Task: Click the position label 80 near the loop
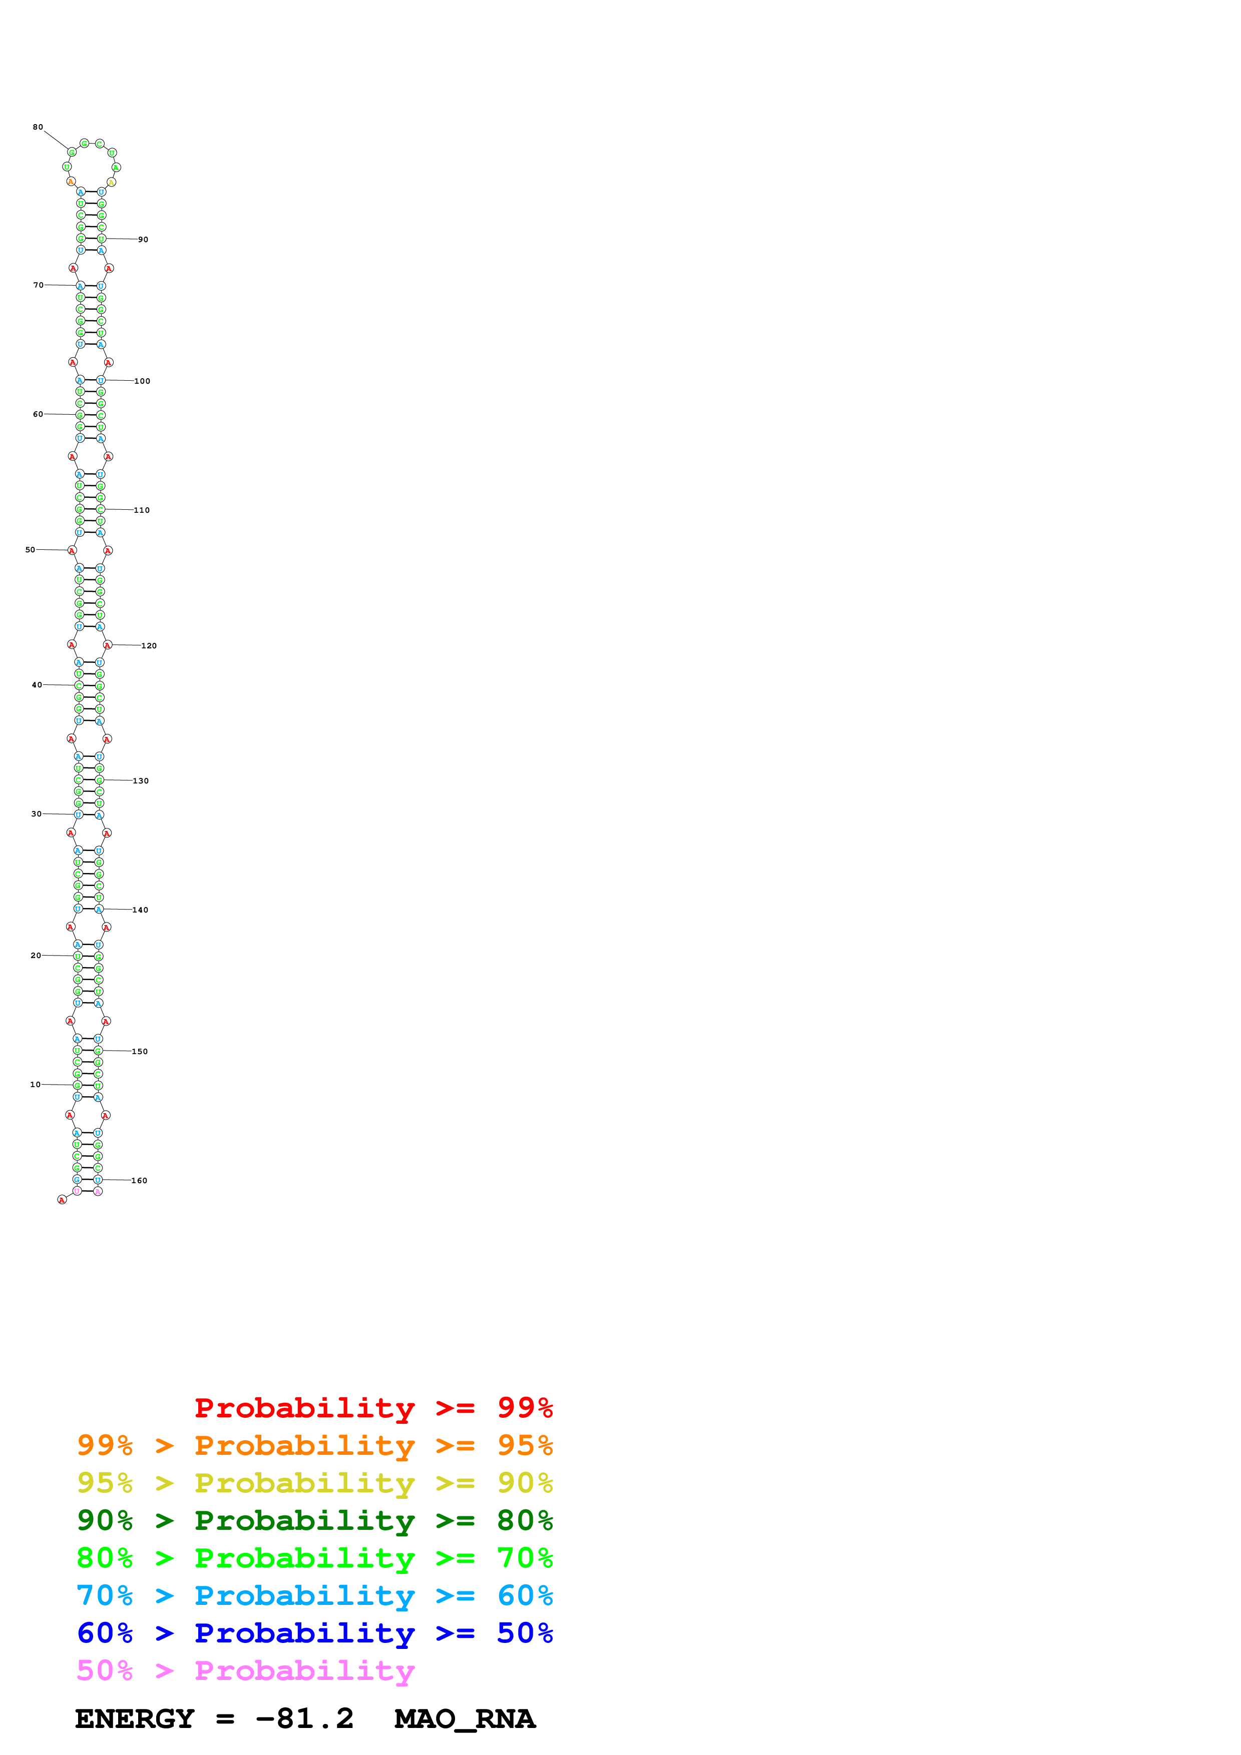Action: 38,127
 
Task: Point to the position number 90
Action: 143,239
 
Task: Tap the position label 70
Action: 38,285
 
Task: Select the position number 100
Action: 142,381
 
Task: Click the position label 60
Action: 38,414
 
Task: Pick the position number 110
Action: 142,510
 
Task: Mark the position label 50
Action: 31,550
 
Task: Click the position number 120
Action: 149,646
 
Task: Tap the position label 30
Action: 37,814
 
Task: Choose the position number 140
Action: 141,910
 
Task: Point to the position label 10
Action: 35,1084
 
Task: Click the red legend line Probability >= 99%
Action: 373,1407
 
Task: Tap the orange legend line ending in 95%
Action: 315,1445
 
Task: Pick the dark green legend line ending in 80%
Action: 315,1520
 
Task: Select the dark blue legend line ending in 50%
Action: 315,1633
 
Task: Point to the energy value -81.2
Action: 304,1718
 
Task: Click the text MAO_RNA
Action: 465,1718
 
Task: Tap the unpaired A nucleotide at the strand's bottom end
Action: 62,1200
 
